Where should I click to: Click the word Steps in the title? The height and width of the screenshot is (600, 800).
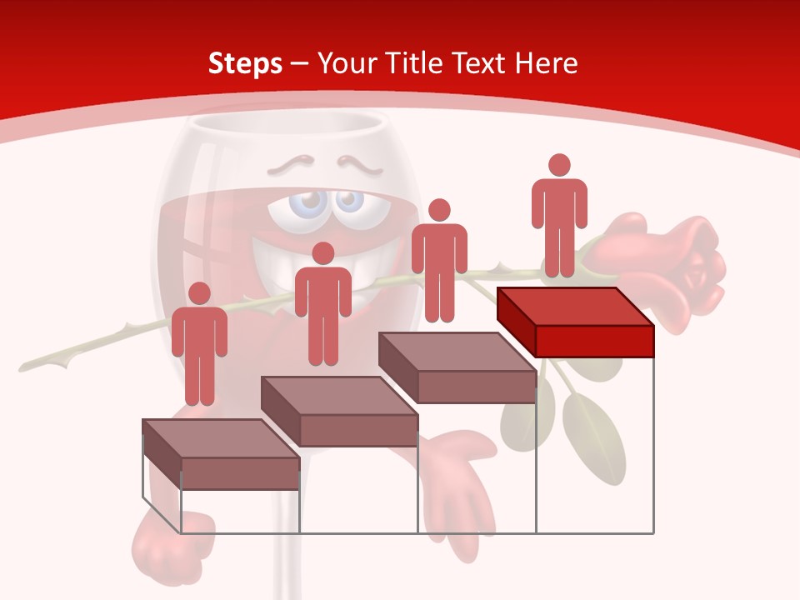[x=245, y=63]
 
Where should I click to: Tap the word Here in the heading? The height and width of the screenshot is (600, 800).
[x=546, y=63]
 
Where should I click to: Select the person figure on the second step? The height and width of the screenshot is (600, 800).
[x=322, y=308]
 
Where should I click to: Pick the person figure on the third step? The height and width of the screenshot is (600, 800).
[x=439, y=265]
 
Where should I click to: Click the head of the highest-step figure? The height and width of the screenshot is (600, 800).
[x=559, y=165]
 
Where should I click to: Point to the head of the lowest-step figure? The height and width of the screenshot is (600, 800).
[x=199, y=293]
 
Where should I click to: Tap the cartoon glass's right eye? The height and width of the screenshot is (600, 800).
[x=348, y=202]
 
